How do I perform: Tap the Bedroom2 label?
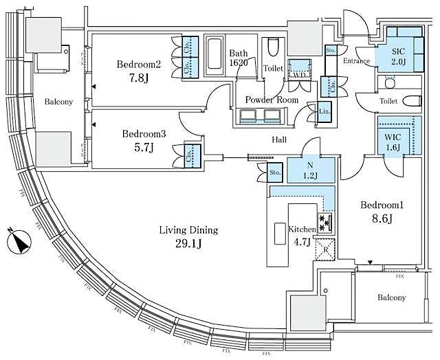138,64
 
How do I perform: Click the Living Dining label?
188,229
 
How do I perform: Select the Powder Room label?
272,100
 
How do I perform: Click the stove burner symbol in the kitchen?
325,223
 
